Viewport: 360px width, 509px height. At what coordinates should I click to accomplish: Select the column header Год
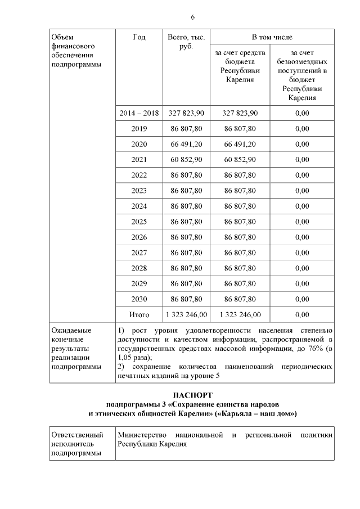click(138, 38)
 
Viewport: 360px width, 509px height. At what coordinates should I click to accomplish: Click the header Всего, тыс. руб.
click(186, 42)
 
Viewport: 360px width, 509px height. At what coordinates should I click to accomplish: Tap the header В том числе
click(272, 37)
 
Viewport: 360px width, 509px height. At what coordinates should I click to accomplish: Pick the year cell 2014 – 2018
click(138, 113)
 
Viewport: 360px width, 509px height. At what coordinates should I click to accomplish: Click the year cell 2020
click(138, 144)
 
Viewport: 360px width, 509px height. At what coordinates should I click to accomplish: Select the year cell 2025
click(138, 222)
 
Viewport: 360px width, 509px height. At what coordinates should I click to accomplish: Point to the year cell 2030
click(138, 299)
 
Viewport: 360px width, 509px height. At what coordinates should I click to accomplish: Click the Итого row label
click(138, 314)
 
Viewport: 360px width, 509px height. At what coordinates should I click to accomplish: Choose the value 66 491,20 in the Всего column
click(186, 144)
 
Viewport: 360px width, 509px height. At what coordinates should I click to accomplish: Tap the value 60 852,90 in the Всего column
click(186, 160)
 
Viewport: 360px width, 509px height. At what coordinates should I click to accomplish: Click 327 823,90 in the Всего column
click(186, 113)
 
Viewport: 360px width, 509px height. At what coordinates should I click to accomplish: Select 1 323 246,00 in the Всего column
click(186, 314)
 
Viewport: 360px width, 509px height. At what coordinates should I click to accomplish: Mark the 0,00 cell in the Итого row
click(302, 314)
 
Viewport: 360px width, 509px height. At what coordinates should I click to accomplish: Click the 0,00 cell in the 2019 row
click(302, 129)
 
